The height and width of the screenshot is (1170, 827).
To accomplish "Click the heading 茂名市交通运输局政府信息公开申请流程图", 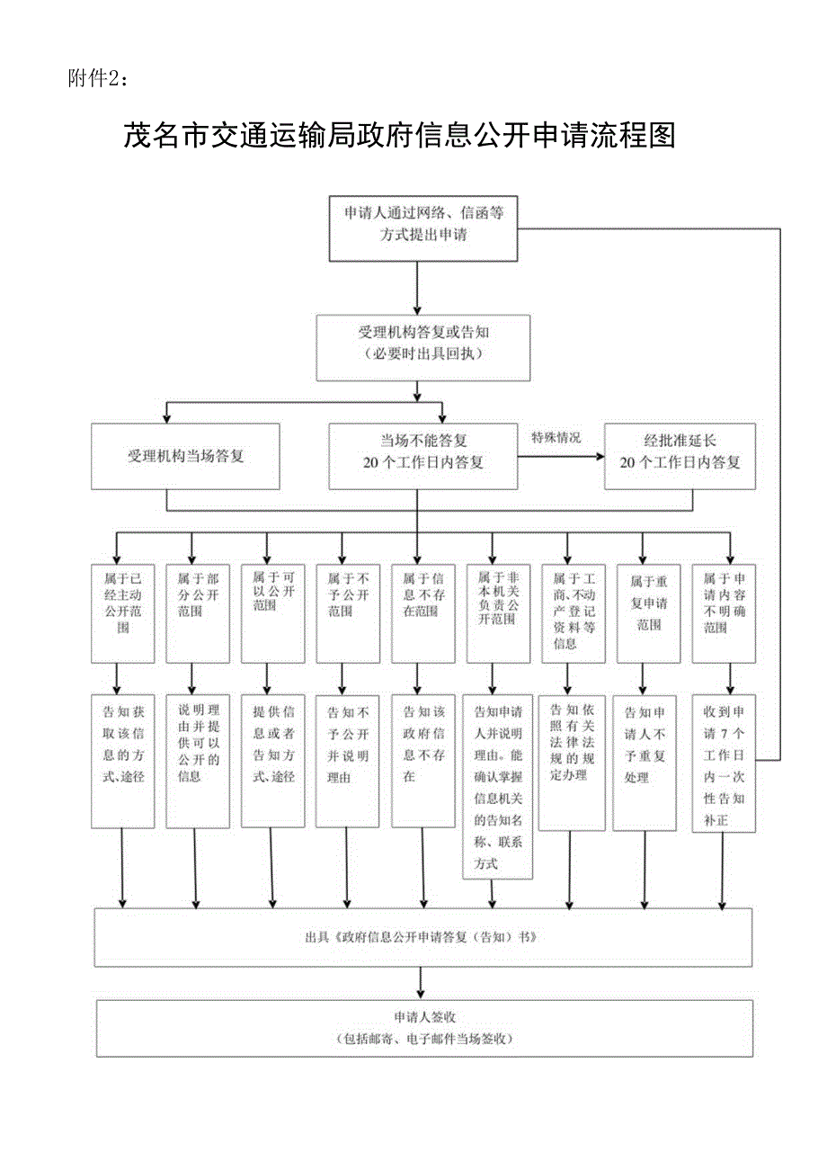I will tap(398, 137).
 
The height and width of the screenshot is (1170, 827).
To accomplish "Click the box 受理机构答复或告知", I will tap(422, 346).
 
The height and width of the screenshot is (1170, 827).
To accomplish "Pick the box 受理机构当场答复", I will tap(186, 456).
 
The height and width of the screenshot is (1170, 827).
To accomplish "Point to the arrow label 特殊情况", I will tap(556, 438).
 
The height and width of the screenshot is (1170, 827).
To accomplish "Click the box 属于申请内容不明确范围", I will tap(723, 612).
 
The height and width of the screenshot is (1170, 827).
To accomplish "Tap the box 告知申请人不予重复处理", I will tap(644, 762).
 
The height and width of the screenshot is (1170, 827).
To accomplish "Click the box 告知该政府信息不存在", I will tap(422, 760).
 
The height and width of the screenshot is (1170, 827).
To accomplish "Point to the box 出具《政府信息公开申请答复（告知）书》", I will tap(422, 937).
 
